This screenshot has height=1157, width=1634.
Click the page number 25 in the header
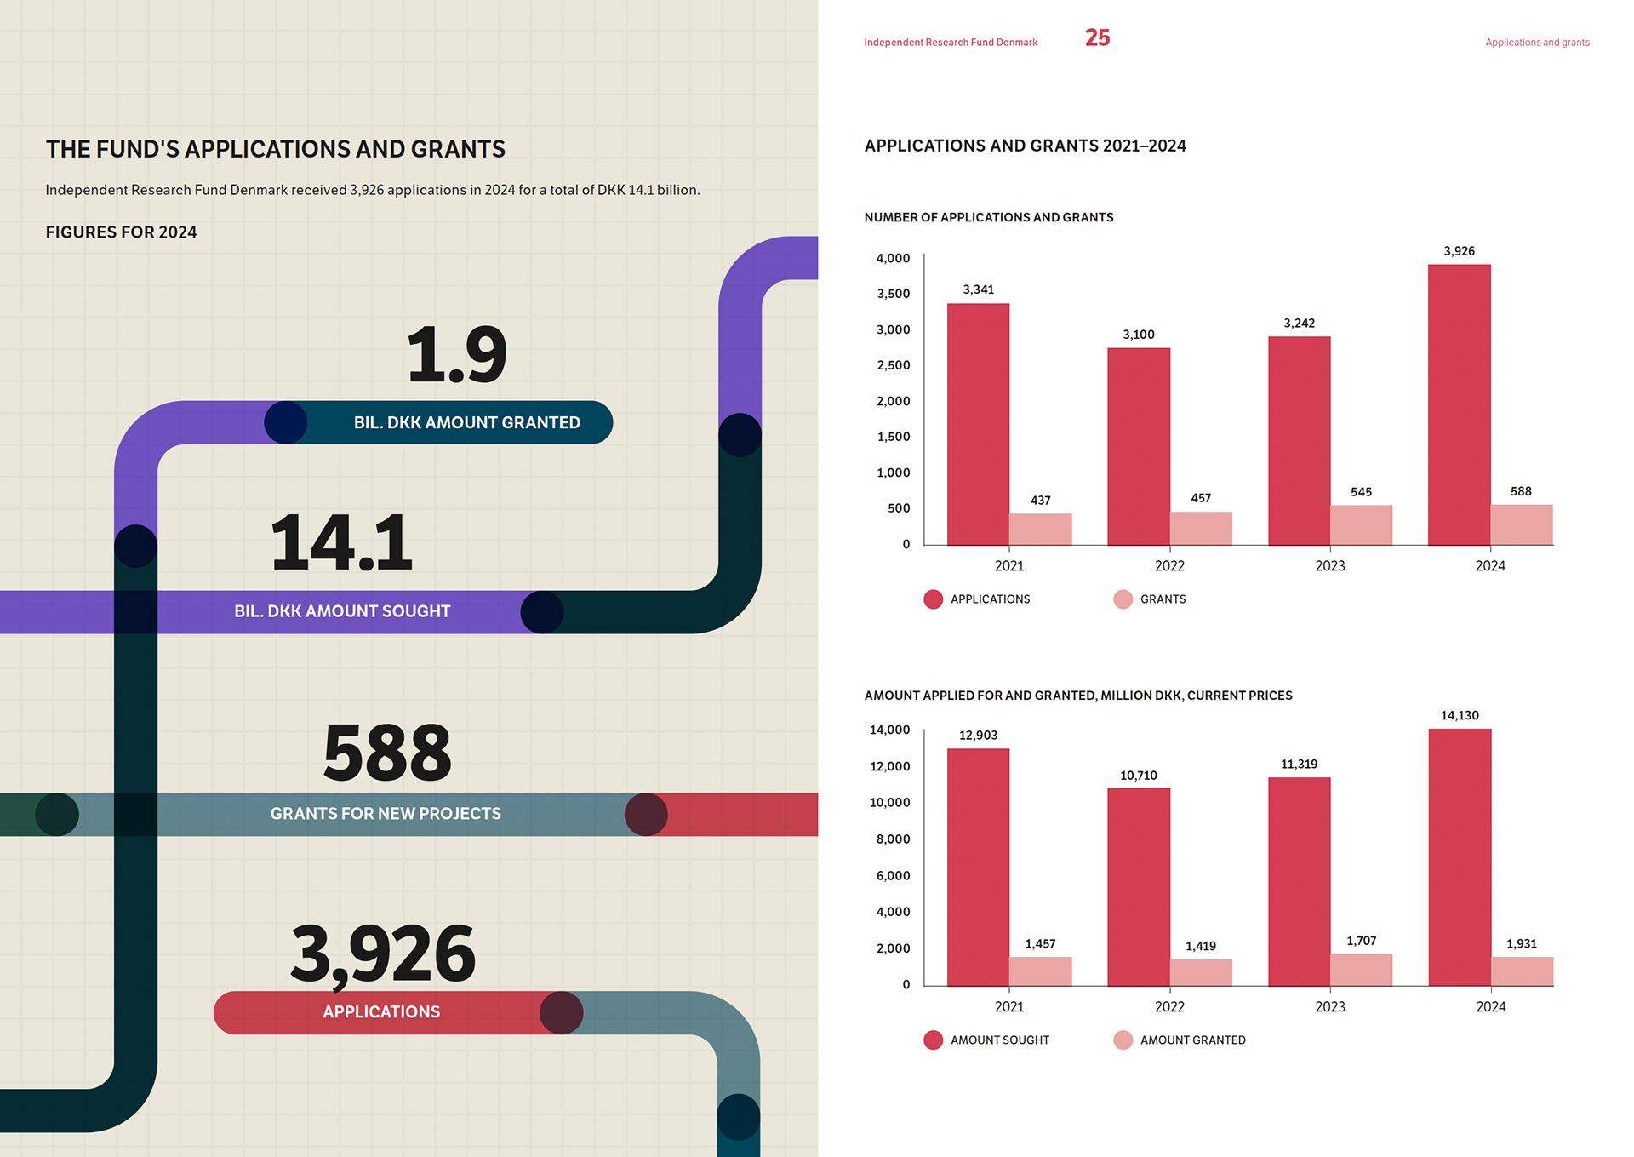coord(1097,38)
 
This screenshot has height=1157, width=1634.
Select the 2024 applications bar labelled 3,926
coord(1459,404)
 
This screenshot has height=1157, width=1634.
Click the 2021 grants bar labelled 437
coord(1040,529)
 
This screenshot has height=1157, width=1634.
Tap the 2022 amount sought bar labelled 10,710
coord(1139,886)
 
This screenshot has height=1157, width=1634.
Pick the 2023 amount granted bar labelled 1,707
coord(1361,970)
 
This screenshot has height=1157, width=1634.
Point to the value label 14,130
coord(1460,715)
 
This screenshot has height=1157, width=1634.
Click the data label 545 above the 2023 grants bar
coord(1361,492)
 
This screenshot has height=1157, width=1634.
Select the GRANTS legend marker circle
coord(1123,599)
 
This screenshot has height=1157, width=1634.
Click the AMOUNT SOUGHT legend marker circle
coord(933,1040)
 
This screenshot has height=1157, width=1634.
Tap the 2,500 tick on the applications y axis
coord(893,365)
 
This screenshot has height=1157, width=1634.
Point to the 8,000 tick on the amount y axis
coord(893,839)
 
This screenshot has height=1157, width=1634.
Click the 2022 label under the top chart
coord(1169,566)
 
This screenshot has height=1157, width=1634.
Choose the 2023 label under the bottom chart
coord(1330,1007)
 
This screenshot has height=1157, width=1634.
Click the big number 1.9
coord(457,354)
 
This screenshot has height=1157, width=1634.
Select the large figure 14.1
coord(341,542)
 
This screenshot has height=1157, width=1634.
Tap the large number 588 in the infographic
coord(387,753)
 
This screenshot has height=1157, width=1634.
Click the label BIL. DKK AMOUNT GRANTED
coord(466,423)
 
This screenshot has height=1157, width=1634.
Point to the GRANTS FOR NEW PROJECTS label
coord(386,814)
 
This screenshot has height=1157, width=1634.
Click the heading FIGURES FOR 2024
coord(121,232)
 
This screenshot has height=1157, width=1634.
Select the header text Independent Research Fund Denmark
coord(951,43)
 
